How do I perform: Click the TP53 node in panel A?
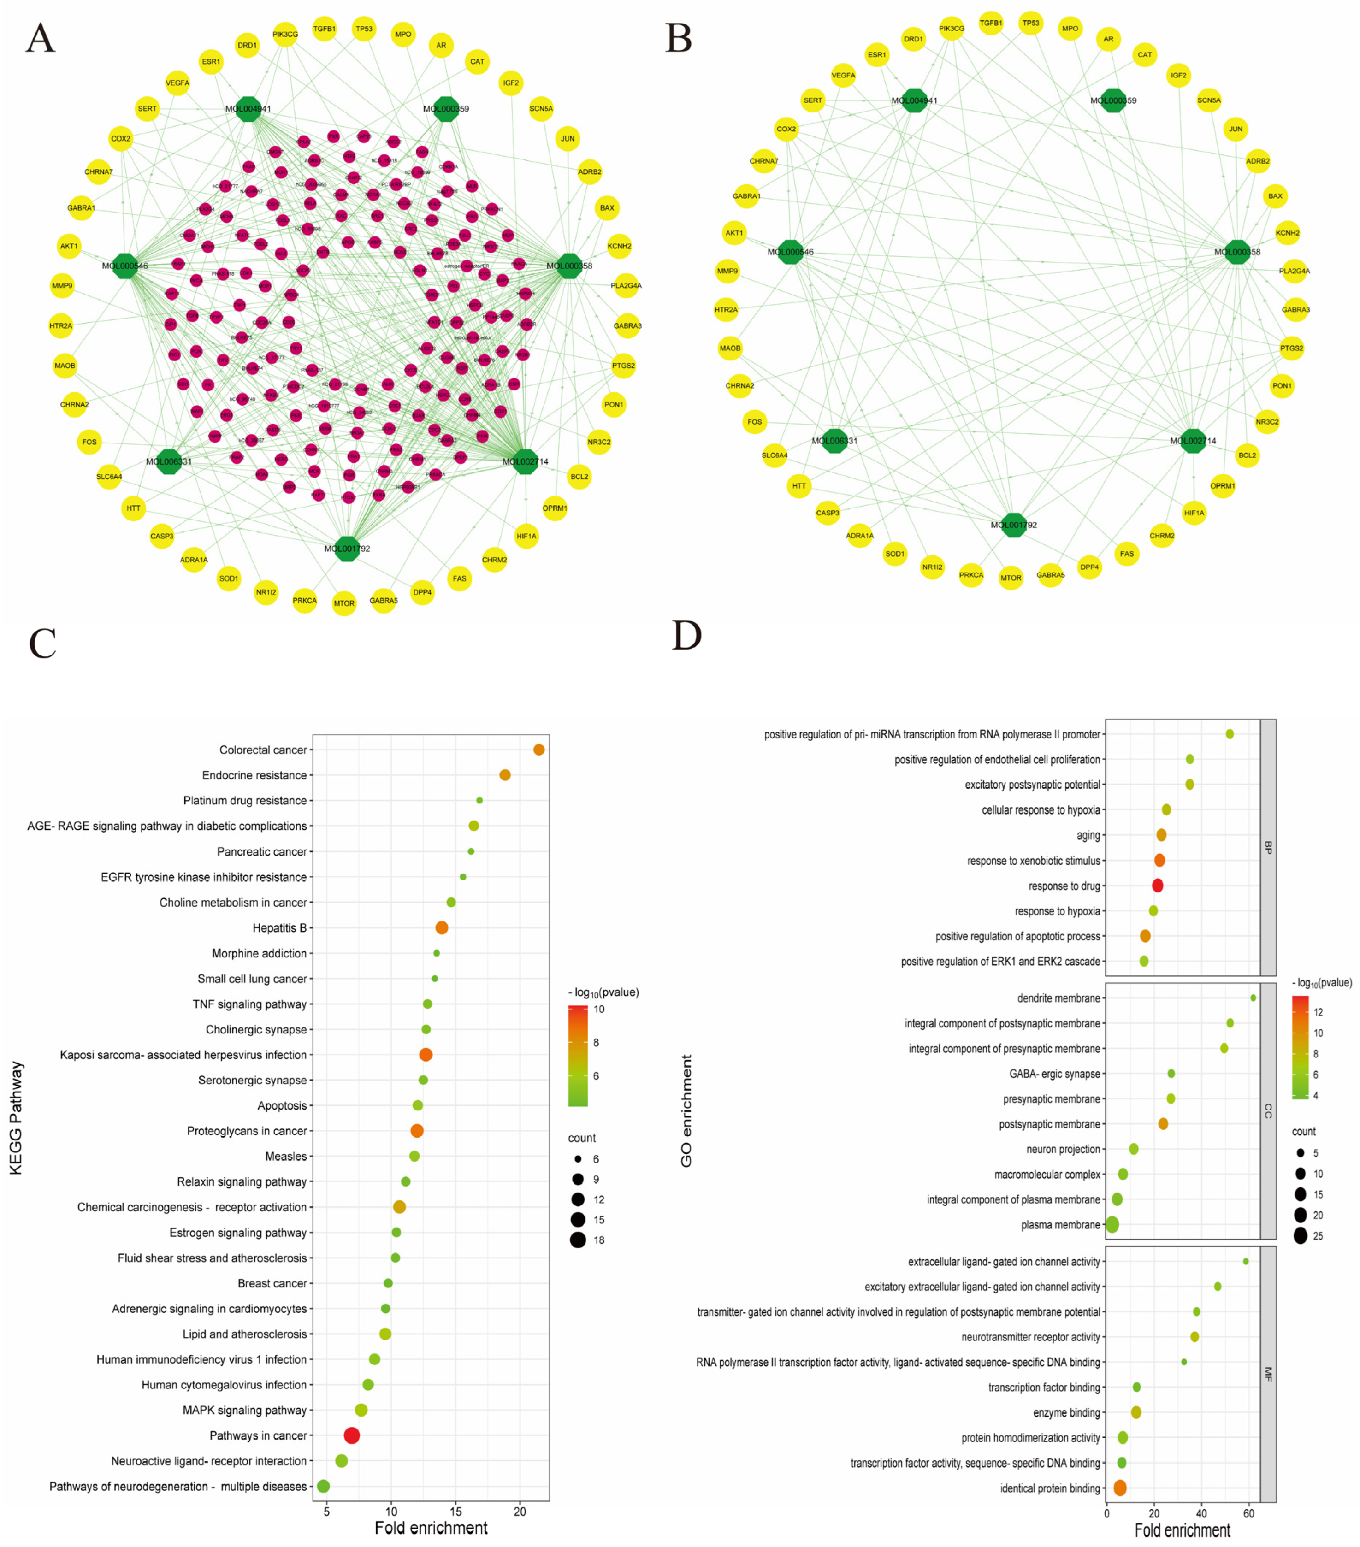364,30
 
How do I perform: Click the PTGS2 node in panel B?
1291,348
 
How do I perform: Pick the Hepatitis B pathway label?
280,928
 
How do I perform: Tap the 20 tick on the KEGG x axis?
520,1512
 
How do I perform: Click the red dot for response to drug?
1157,886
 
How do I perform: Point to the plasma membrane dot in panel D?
1112,1225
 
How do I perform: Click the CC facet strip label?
1268,1111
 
